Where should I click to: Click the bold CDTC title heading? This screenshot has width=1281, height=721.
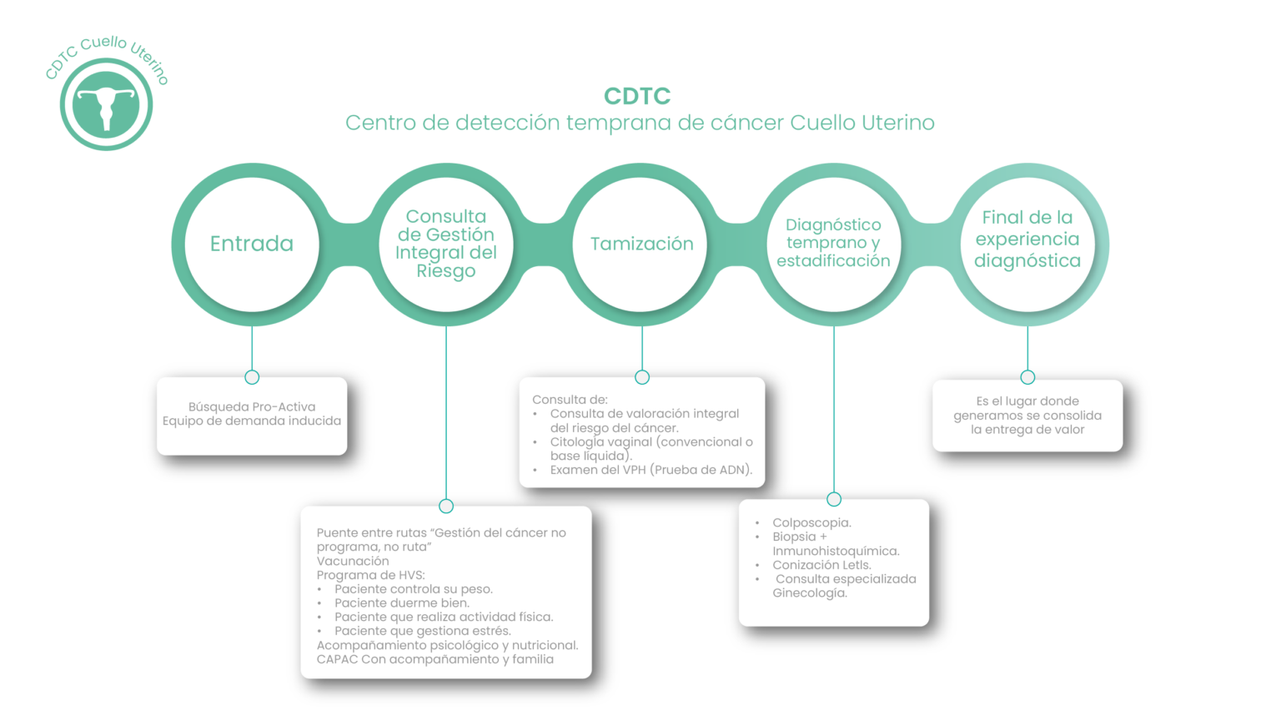tap(637, 96)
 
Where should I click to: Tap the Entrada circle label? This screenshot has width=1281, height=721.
tap(252, 244)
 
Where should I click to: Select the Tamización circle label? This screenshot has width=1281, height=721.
tap(641, 244)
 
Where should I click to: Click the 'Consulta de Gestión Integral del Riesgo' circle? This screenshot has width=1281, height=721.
tap(446, 244)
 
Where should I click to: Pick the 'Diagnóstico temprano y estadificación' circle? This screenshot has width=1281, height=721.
tap(833, 243)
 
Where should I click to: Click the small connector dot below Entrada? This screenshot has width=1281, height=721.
tap(252, 377)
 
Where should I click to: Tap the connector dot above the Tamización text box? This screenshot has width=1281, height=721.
tap(642, 377)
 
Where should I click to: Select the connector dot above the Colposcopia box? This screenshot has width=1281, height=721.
tap(834, 499)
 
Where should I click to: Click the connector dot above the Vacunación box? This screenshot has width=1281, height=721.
tap(446, 506)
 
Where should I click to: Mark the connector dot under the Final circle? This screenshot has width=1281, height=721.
tap(1027, 377)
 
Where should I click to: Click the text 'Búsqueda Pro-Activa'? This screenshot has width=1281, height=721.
tap(252, 407)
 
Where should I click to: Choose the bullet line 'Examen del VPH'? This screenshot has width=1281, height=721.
tap(651, 470)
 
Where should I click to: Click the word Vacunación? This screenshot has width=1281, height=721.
tap(353, 561)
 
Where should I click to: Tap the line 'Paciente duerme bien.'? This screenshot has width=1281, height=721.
tap(402, 603)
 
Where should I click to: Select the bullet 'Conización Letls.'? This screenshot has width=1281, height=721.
tap(821, 565)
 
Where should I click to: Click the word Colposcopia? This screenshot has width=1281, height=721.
tap(811, 523)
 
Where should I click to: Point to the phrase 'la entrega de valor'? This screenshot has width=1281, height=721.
tap(1027, 430)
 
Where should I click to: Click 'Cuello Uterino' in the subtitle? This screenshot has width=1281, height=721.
tap(862, 123)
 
